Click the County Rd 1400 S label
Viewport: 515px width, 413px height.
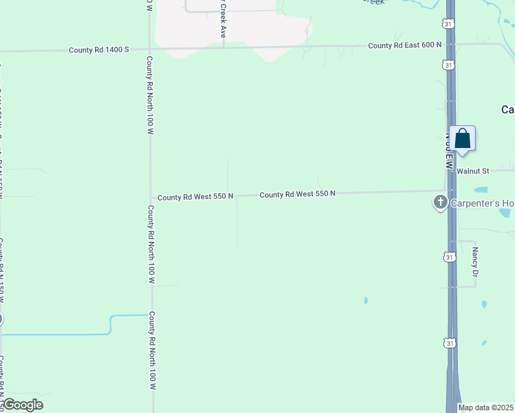(98, 50)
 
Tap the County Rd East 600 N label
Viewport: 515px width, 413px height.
(404, 45)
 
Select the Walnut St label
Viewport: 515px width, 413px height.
(472, 170)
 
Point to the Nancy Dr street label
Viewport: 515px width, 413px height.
(475, 263)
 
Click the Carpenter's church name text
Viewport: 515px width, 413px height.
(482, 203)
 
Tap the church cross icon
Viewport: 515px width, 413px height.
(440, 202)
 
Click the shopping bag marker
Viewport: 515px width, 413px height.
(462, 139)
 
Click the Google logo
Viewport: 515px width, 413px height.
(22, 405)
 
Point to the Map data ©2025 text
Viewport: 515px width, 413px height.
(486, 407)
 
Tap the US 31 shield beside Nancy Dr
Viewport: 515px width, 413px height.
(449, 256)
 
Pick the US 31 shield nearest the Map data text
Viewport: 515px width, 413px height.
(449, 342)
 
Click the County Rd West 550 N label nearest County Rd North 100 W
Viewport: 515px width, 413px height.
(196, 197)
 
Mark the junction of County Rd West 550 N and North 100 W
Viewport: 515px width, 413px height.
(150, 198)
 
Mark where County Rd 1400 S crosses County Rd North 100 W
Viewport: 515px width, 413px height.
(149, 49)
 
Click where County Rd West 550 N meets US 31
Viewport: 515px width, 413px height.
(450, 191)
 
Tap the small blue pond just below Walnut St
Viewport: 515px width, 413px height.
(481, 189)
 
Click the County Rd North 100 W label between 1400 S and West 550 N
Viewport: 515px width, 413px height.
(149, 96)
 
